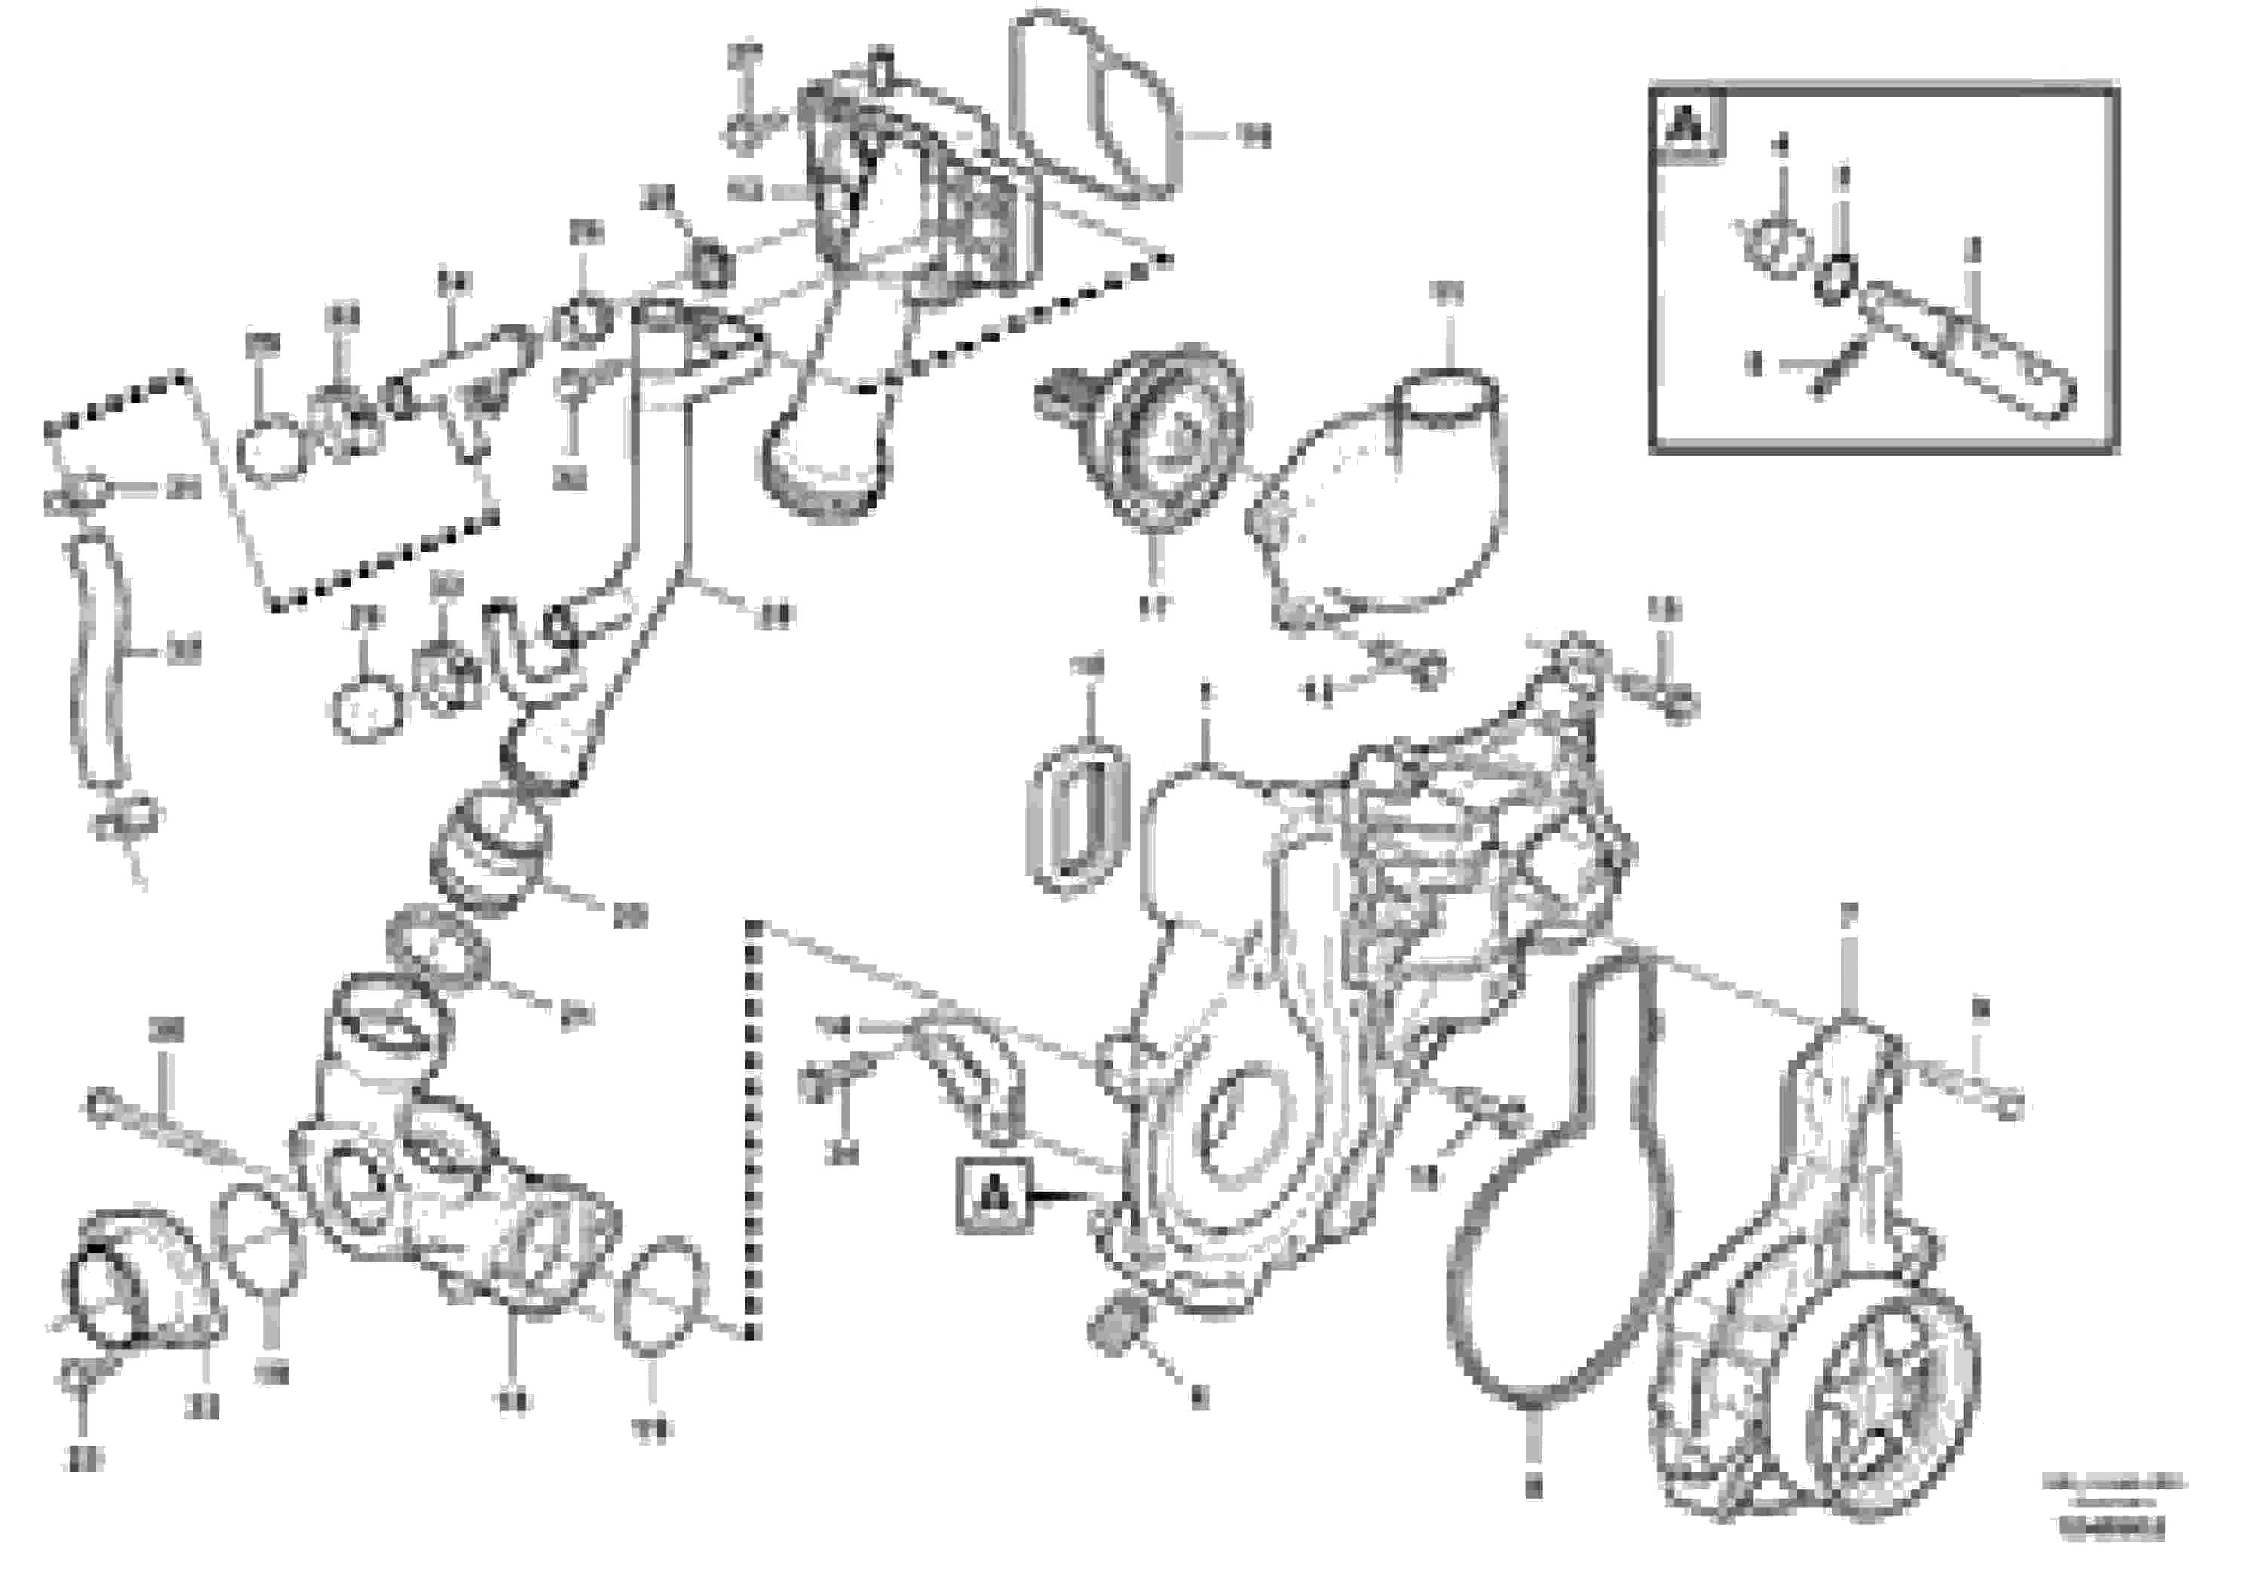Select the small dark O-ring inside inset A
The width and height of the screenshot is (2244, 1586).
tap(1838, 279)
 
